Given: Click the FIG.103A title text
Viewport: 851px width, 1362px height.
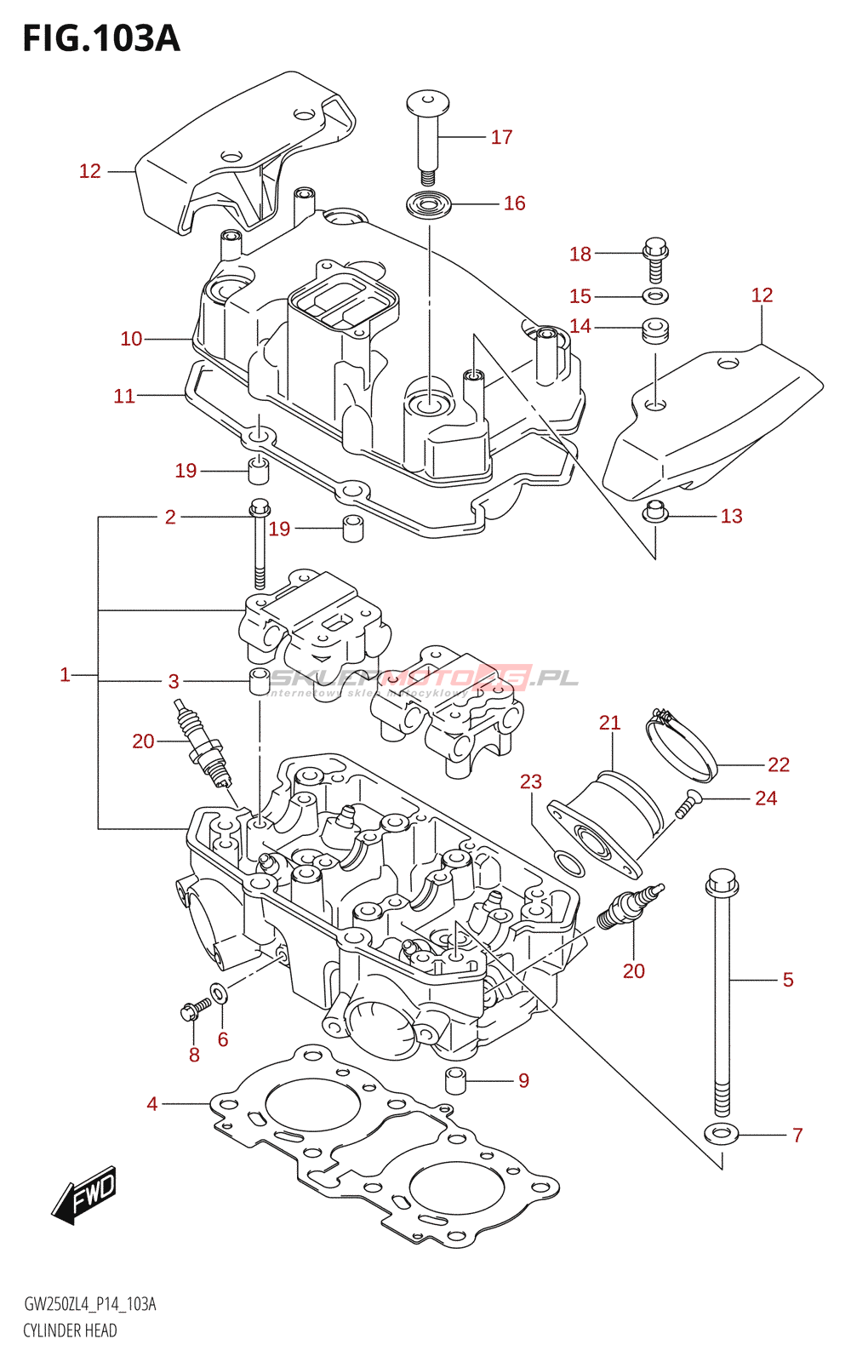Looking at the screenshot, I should click(101, 38).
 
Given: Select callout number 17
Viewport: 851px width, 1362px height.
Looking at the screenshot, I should click(501, 137).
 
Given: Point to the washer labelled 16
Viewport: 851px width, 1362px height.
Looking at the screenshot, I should click(428, 205).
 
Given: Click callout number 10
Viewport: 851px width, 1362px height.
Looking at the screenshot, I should click(131, 339).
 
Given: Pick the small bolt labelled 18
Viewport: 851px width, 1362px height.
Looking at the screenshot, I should click(655, 258).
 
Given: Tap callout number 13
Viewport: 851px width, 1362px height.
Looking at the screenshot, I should click(731, 516).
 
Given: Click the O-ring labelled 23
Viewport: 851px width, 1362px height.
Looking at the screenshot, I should click(569, 863).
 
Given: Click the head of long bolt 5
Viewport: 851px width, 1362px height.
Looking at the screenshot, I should click(722, 883).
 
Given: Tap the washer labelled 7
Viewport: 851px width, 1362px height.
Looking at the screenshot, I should click(722, 1134).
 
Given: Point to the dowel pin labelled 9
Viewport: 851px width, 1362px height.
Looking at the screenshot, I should click(457, 1079).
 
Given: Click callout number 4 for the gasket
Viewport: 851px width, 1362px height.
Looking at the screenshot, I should click(151, 1104).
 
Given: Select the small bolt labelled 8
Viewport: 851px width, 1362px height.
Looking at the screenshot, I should click(193, 1010).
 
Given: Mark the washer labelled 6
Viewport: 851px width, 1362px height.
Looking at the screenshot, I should click(219, 993).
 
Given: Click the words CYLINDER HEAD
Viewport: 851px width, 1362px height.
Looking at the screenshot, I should click(70, 1331).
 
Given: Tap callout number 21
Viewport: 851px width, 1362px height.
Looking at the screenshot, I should click(609, 723).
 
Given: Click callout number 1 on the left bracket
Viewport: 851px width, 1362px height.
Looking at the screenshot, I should click(65, 675).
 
